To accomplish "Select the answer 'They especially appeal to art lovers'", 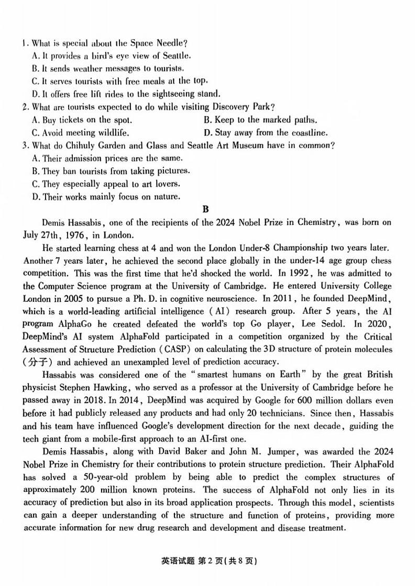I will tap(106, 184).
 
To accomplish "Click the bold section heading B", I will tap(206, 209).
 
